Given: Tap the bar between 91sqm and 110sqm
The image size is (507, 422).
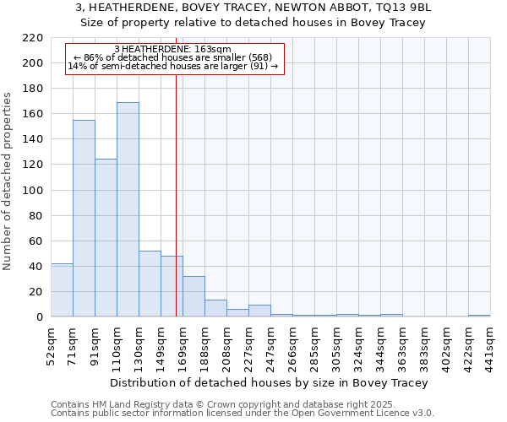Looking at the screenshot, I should (x=106, y=237).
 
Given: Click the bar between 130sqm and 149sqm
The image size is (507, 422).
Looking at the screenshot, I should (x=150, y=284).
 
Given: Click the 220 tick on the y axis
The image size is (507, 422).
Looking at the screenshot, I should (x=33, y=38).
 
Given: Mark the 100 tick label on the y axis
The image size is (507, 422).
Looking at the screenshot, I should (x=33, y=190).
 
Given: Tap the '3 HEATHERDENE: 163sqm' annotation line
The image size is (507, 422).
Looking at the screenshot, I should (x=172, y=50).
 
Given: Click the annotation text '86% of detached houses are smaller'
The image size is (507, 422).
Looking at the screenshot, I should (x=172, y=57).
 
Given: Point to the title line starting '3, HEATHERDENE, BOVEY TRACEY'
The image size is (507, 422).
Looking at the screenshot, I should (x=253, y=8).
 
